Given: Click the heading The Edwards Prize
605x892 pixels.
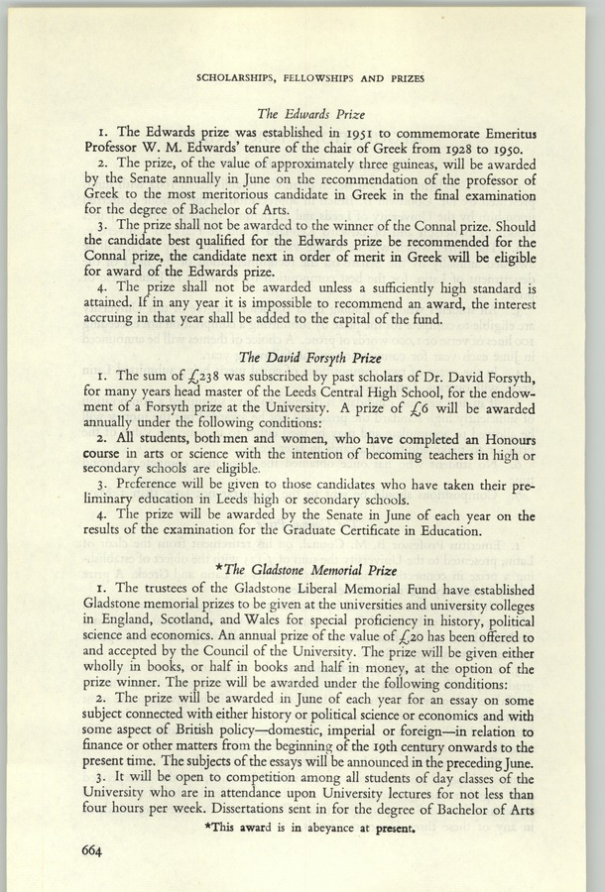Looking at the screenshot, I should click(x=302, y=114).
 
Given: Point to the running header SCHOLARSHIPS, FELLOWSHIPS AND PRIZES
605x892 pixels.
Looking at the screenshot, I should click(x=302, y=74).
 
